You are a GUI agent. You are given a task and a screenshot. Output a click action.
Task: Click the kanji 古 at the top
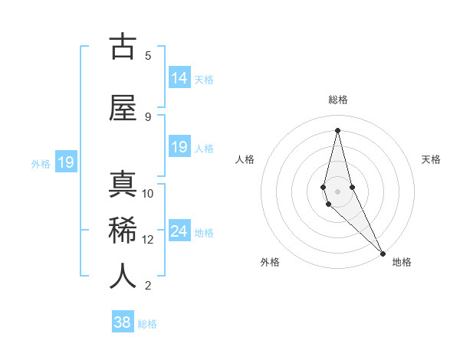tap(123, 47)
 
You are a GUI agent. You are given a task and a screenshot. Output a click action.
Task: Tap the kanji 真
tap(123, 185)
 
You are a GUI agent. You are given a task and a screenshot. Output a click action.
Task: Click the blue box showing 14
tap(179, 78)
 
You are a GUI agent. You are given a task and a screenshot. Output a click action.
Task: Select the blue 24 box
tap(179, 231)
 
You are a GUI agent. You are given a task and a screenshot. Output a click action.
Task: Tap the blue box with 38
tap(123, 322)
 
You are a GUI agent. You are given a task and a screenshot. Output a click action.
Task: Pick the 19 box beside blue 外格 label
tap(66, 162)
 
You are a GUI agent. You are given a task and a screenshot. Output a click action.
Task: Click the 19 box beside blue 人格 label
tap(179, 147)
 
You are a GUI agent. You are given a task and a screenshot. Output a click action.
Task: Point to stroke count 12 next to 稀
tap(148, 240)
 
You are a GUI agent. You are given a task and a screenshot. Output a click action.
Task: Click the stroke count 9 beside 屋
tap(148, 116)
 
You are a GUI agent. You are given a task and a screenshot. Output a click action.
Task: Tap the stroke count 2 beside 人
tap(148, 286)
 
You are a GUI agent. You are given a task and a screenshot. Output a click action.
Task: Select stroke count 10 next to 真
tap(148, 194)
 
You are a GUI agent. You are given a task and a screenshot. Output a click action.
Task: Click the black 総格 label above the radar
tap(338, 100)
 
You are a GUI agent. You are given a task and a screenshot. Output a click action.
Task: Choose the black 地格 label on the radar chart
tap(402, 262)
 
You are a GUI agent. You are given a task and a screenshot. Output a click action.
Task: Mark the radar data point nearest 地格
tap(382, 253)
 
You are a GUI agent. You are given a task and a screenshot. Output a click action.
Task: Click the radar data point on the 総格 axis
tap(337, 130)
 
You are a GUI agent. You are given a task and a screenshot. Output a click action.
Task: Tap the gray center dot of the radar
tap(337, 191)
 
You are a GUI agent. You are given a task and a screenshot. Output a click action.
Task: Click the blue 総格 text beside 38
tap(147, 324)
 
